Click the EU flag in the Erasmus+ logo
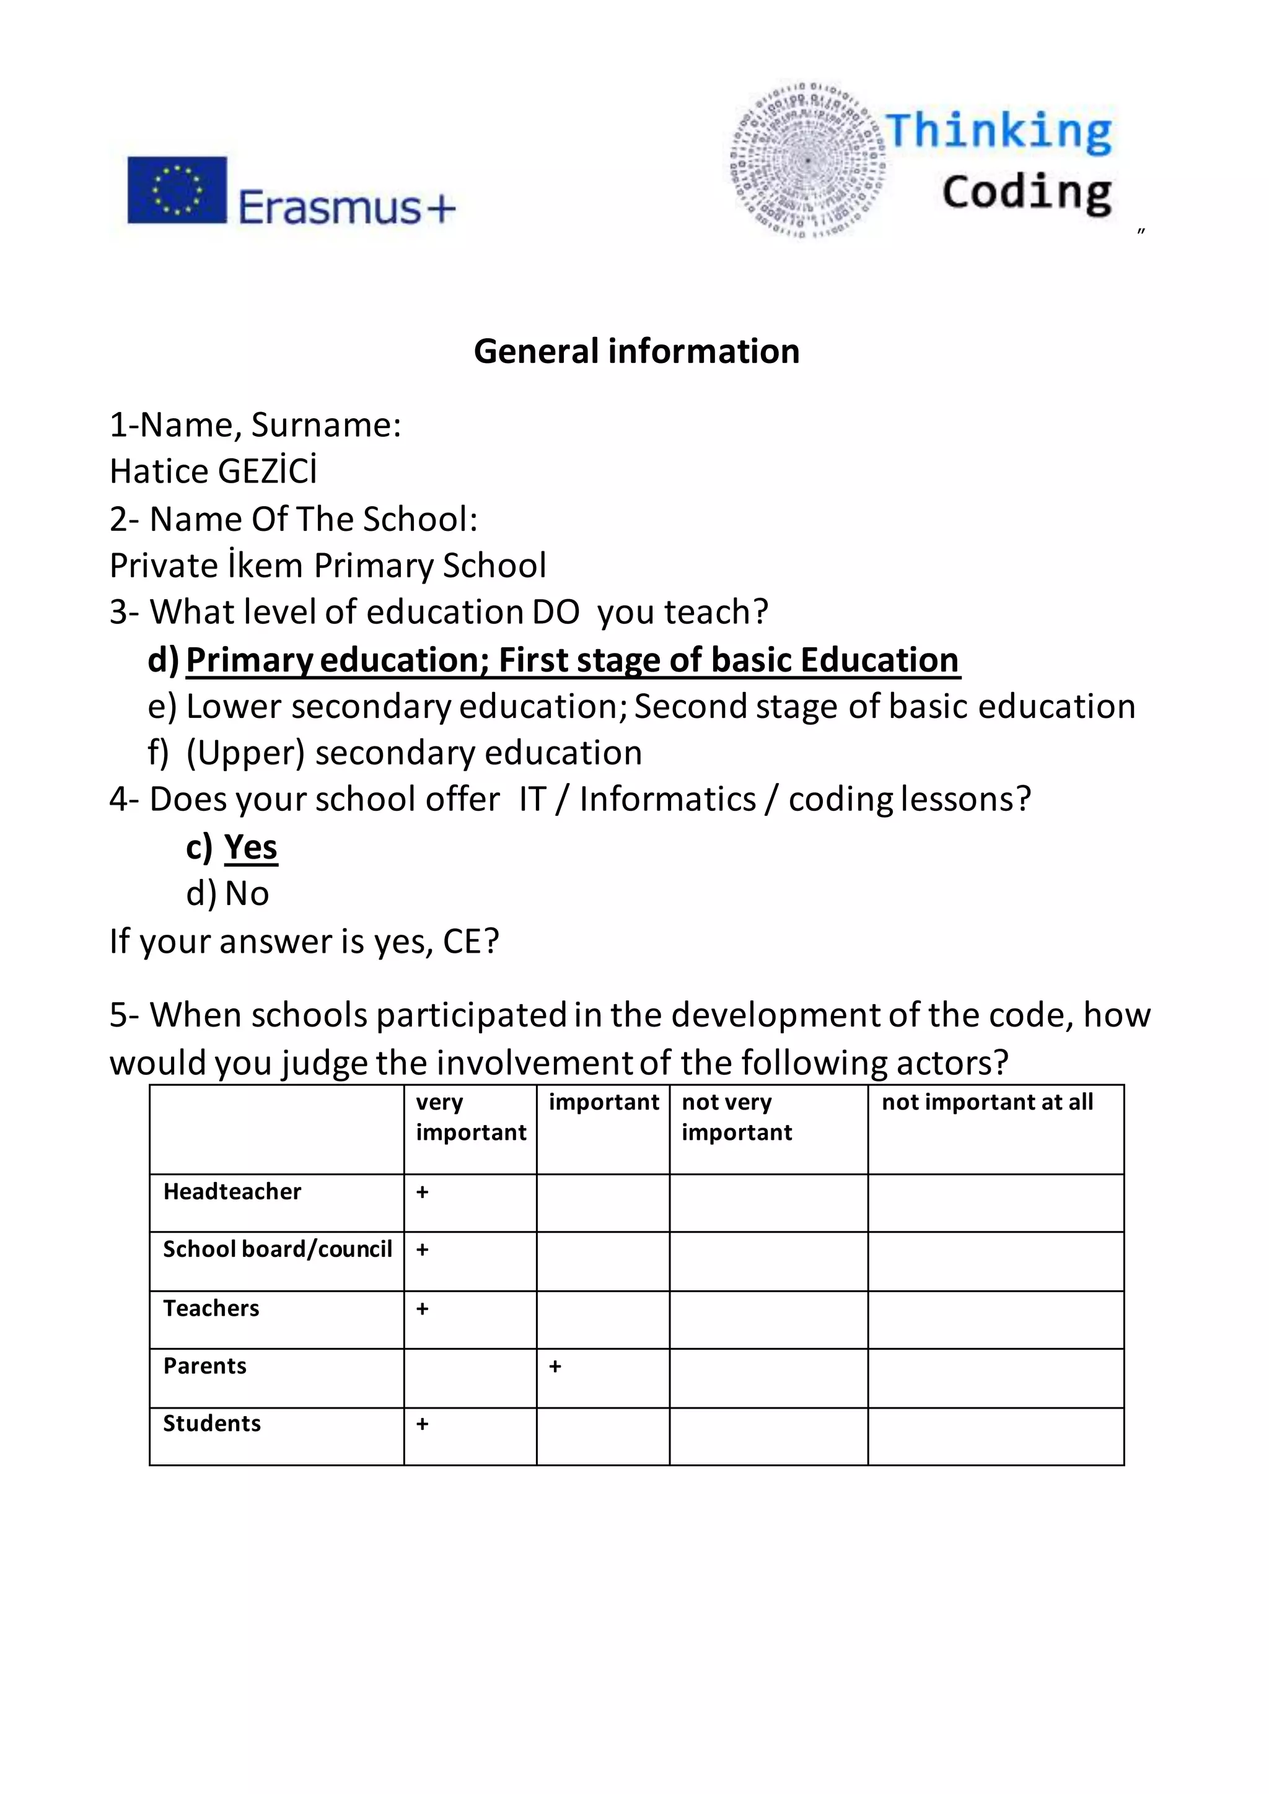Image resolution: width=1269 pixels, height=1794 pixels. click(177, 190)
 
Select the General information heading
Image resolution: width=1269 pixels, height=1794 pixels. click(636, 352)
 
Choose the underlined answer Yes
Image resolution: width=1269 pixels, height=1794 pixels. click(251, 847)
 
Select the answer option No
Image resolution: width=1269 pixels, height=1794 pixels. click(247, 893)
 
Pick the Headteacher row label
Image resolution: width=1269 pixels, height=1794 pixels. click(232, 1192)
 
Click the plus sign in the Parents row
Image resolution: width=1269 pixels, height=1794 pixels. click(555, 1367)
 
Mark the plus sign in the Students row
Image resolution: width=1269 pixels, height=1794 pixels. click(422, 1424)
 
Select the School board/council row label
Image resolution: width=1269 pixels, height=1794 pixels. click(278, 1249)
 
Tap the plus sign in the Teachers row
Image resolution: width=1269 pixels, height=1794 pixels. click(422, 1309)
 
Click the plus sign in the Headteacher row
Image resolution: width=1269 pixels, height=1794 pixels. click(422, 1192)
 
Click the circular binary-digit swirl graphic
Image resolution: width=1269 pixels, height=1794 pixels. click(809, 160)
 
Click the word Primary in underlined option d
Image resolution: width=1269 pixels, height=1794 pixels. click(249, 660)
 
